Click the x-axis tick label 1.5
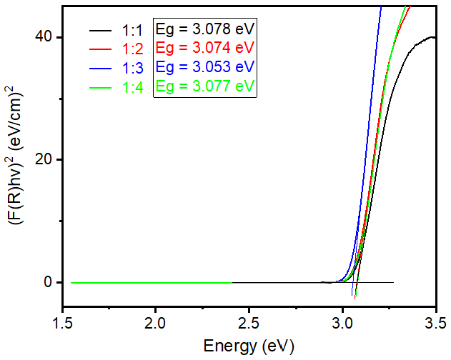63,322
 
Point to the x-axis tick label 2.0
156,322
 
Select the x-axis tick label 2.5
249,322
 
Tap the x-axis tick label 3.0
342,322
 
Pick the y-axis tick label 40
44,36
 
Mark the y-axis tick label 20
44,159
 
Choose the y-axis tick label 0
48,282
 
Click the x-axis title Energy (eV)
249,347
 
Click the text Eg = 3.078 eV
204,31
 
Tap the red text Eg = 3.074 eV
204,49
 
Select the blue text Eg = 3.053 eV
204,68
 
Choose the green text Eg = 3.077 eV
204,86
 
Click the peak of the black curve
431,36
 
